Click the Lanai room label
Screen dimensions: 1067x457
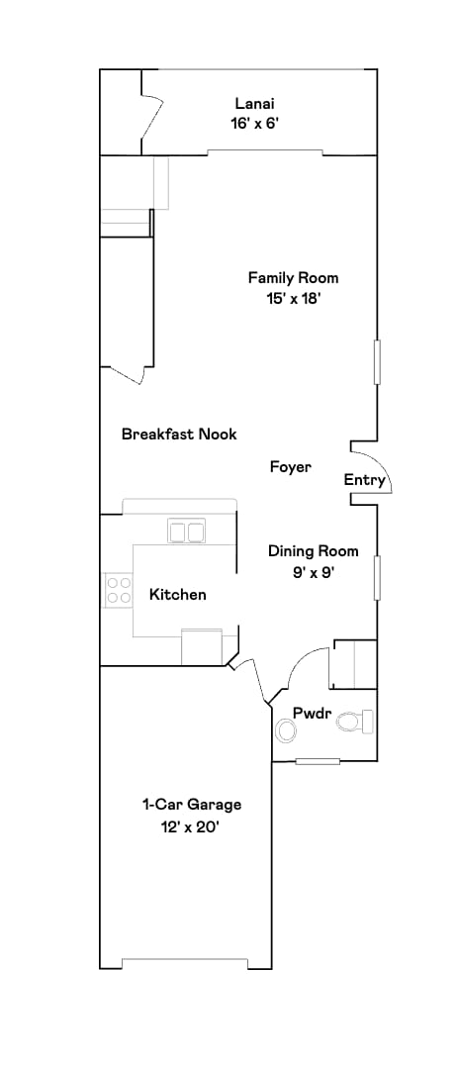254,103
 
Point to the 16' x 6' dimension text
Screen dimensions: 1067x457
254,124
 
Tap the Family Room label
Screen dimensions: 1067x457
286,278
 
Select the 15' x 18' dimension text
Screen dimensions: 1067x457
286,299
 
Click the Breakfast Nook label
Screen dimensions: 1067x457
179,434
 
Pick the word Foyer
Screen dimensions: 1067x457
291,467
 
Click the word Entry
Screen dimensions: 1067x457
364,480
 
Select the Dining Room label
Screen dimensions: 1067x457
314,551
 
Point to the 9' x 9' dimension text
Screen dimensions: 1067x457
314,572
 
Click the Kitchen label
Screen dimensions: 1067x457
178,594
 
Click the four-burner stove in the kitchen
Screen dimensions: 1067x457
119,591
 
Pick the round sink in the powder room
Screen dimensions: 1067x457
286,730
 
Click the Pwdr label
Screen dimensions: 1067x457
310,713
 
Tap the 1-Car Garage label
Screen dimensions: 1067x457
192,805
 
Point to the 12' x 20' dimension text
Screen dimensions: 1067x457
192,825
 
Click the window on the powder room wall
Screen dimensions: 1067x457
319,761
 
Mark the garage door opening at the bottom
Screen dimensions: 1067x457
184,965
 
